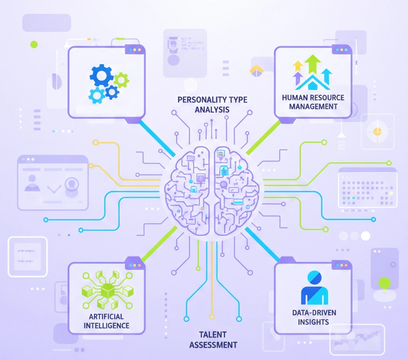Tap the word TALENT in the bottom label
213,334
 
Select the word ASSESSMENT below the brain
213,345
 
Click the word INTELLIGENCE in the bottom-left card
106,325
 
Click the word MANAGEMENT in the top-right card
312,106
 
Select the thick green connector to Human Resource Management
264,137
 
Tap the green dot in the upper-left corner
34,44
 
